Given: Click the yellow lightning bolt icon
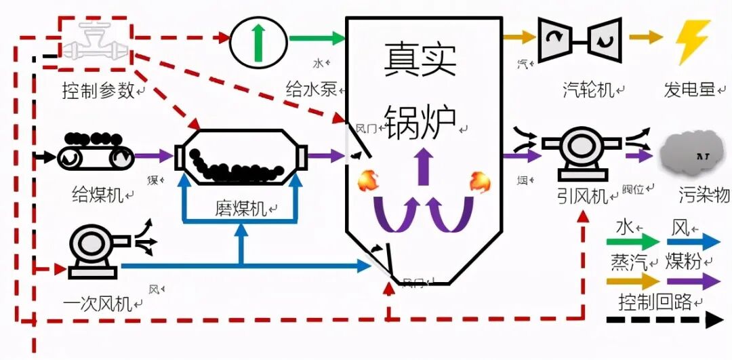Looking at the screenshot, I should (x=692, y=42).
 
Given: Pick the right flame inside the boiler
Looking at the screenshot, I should (x=479, y=180).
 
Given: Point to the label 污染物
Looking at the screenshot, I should (x=704, y=197).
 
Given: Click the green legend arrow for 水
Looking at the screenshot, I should (x=636, y=241).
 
